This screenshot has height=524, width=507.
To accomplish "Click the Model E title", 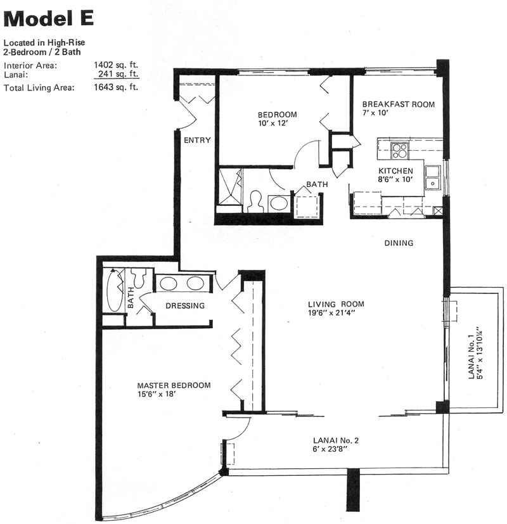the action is tap(48, 19).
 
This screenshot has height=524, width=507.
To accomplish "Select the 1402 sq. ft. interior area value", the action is tap(116, 65).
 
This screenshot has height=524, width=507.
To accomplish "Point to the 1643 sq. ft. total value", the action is tap(116, 87).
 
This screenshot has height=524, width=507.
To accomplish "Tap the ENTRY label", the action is tap(197, 140).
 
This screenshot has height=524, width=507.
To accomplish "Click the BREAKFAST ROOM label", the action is tap(399, 105).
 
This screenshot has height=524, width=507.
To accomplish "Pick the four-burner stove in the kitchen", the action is tap(400, 150).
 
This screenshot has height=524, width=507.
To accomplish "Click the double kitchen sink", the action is tap(433, 177).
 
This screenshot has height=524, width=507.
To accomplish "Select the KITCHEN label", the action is tap(395, 171).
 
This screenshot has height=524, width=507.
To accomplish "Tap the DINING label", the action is tap(399, 243).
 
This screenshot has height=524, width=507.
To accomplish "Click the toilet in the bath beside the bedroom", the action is tap(255, 201).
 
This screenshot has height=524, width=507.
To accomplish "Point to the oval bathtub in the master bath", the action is tap(115, 290).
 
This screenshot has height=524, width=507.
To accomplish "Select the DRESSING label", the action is tap(185, 305).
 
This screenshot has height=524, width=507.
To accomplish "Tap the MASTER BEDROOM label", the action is tap(174, 385).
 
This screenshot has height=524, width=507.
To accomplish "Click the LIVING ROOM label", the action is tap(336, 304).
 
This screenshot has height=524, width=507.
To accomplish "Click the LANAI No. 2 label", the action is tap(335, 440).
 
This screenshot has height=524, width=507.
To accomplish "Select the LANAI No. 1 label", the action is tap(472, 357).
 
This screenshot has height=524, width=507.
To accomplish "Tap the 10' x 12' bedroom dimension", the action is tap(273, 123).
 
